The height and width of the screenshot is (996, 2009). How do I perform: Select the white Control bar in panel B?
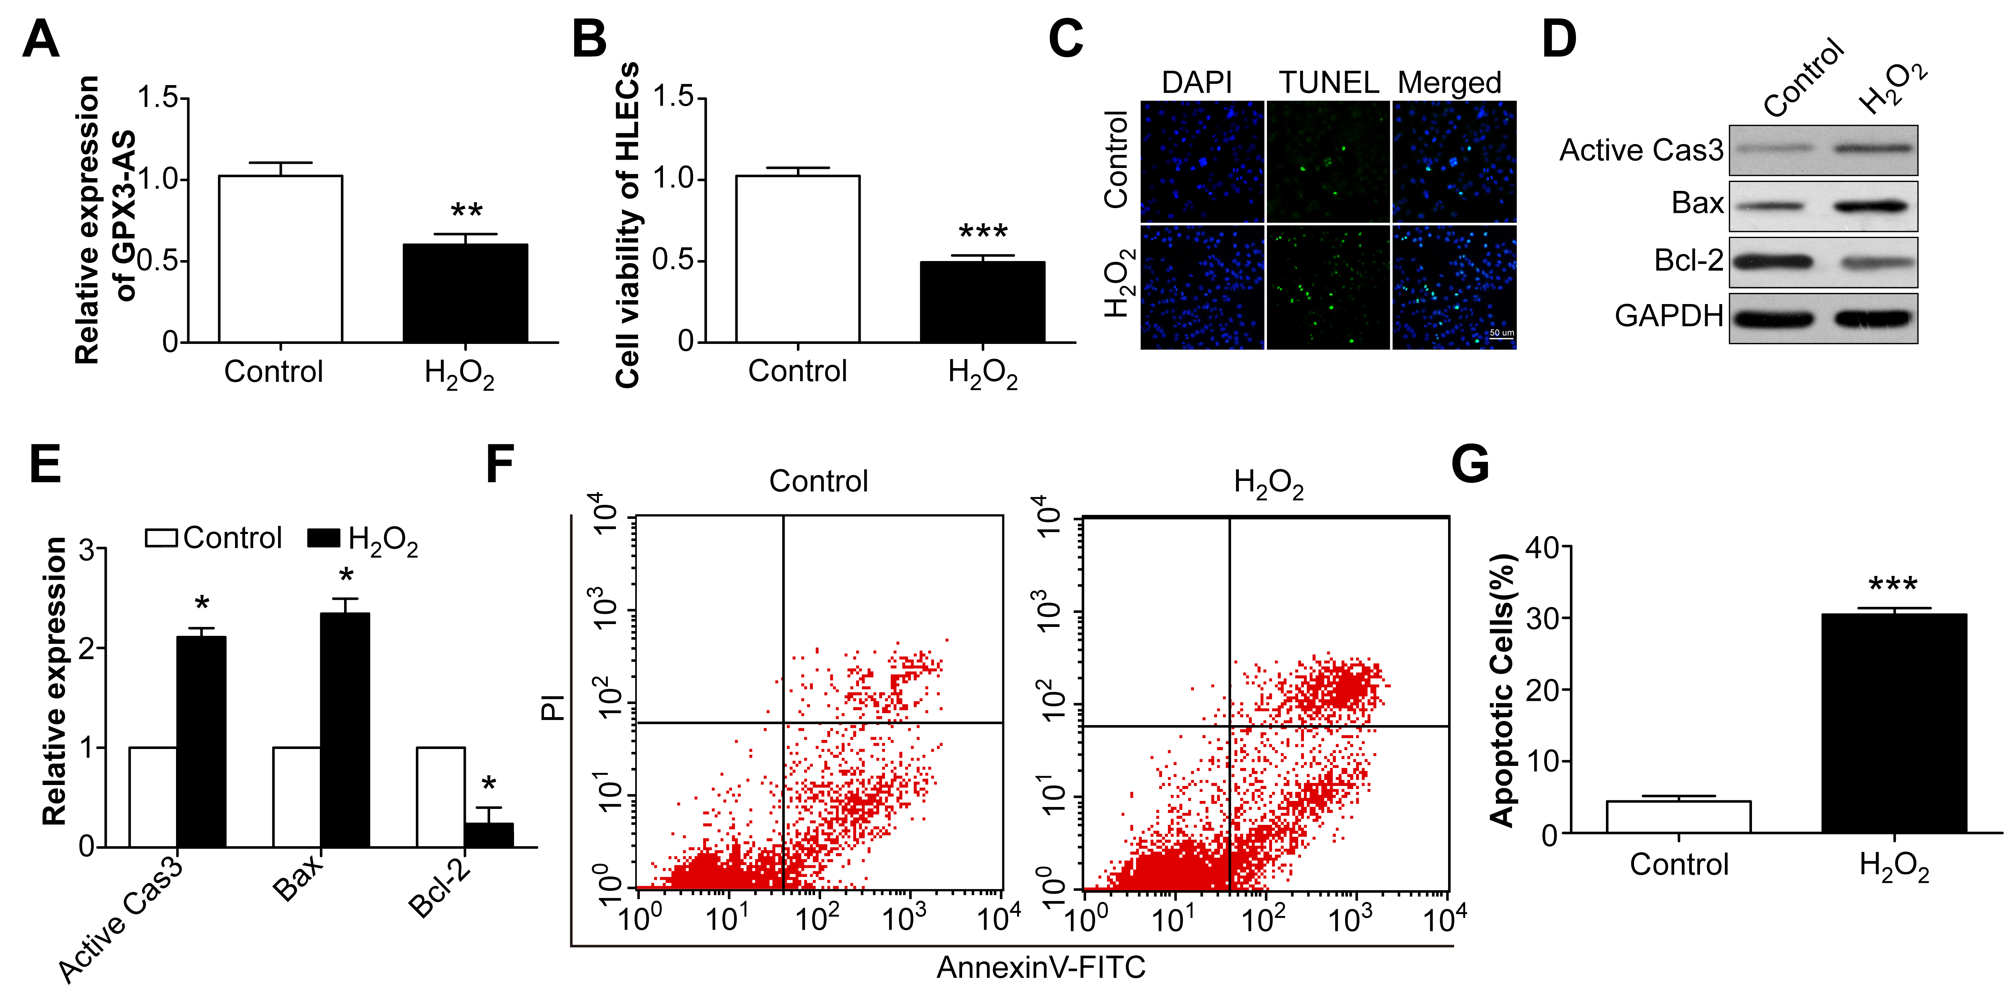tap(798, 259)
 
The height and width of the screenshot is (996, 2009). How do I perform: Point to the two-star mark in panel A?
tap(466, 210)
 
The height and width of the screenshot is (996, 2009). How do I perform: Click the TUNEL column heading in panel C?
tap(1328, 83)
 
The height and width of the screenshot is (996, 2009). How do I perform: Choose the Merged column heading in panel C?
tap(1449, 83)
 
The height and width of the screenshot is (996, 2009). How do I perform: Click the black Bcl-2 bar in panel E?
tap(489, 835)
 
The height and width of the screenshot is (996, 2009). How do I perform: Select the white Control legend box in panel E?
tap(161, 538)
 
